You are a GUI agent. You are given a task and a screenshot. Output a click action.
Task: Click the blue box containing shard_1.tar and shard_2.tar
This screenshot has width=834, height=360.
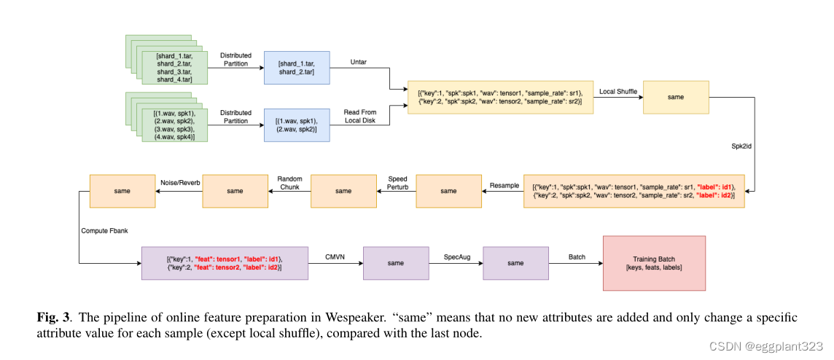pyautogui.click(x=296, y=69)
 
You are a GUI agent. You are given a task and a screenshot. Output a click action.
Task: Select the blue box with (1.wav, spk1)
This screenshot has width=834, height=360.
pyautogui.click(x=296, y=125)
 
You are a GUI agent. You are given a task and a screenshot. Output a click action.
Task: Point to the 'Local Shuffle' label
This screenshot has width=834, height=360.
pyautogui.click(x=617, y=92)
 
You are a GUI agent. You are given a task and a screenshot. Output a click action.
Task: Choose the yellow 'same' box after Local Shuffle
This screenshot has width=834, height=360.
pyautogui.click(x=674, y=96)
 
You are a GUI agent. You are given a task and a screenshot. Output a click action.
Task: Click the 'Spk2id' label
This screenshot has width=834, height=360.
pyautogui.click(x=741, y=146)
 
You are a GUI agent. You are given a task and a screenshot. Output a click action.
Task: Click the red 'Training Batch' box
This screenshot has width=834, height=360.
pyautogui.click(x=653, y=263)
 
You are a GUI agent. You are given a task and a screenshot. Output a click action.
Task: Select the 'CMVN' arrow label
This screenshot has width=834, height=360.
pyautogui.click(x=335, y=257)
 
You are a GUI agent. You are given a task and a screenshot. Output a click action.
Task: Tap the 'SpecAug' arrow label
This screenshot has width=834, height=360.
pyautogui.click(x=456, y=257)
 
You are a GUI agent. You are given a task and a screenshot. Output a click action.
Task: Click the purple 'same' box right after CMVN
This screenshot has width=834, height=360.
pyautogui.click(x=395, y=263)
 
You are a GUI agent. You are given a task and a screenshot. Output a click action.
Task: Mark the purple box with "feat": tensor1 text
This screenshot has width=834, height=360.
pyautogui.click(x=225, y=263)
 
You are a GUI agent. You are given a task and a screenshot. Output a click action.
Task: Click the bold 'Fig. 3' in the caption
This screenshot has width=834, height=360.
pyautogui.click(x=54, y=318)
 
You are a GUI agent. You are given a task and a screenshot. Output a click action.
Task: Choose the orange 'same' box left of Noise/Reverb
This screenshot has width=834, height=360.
pyautogui.click(x=122, y=191)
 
